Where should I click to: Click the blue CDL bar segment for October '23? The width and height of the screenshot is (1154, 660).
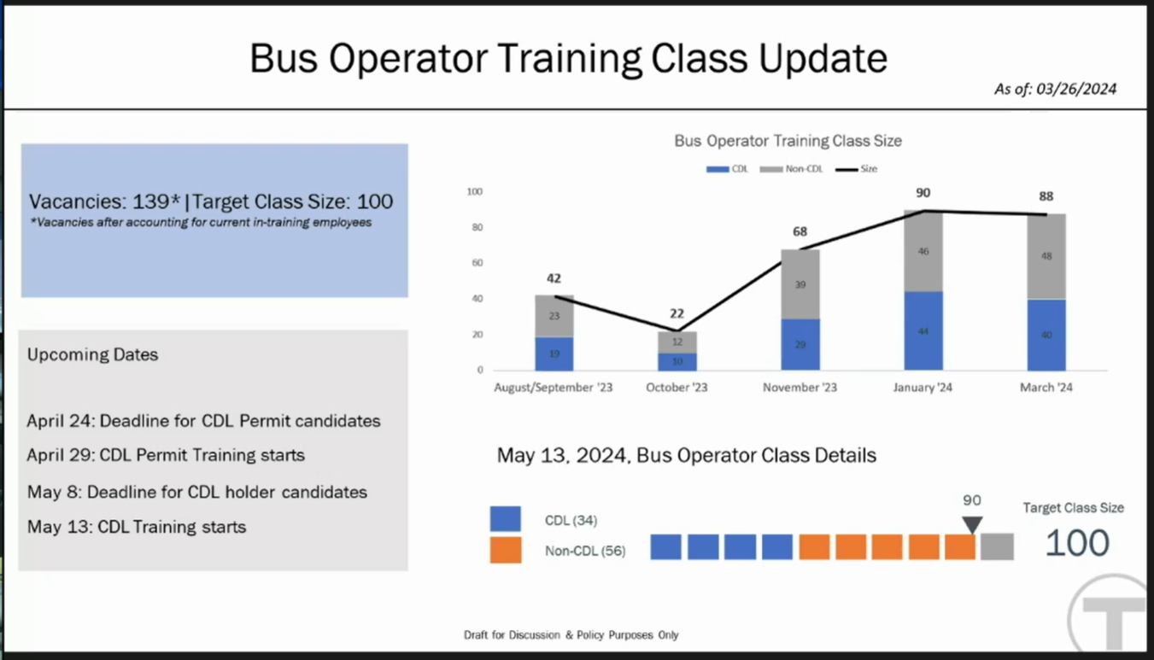point(677,361)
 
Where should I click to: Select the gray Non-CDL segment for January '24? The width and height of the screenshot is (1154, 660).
point(923,251)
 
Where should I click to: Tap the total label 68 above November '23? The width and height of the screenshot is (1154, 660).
point(800,231)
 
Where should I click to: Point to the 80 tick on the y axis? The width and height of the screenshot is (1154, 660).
point(477,227)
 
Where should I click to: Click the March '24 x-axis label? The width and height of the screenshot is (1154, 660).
point(1046,387)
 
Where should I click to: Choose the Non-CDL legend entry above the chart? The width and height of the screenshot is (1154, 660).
point(791,169)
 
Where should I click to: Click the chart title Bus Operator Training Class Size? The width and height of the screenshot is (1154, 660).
point(788,141)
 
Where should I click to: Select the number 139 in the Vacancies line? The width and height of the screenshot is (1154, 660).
point(150,202)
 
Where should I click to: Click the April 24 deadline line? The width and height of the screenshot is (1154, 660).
point(203,421)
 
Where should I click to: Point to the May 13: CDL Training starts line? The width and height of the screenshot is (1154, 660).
point(137,527)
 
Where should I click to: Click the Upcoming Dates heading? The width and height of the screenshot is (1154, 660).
point(93,354)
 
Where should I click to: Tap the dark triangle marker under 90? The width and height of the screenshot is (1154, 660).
point(972,524)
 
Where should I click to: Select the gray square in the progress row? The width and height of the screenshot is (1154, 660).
point(997,546)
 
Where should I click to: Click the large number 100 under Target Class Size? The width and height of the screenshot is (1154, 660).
point(1077,543)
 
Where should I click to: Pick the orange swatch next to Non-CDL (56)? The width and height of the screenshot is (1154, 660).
point(506,550)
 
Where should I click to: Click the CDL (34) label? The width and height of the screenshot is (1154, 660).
point(571,521)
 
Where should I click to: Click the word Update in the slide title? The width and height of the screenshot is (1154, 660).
point(823,58)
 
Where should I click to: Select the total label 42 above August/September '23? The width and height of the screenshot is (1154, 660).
point(554,278)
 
